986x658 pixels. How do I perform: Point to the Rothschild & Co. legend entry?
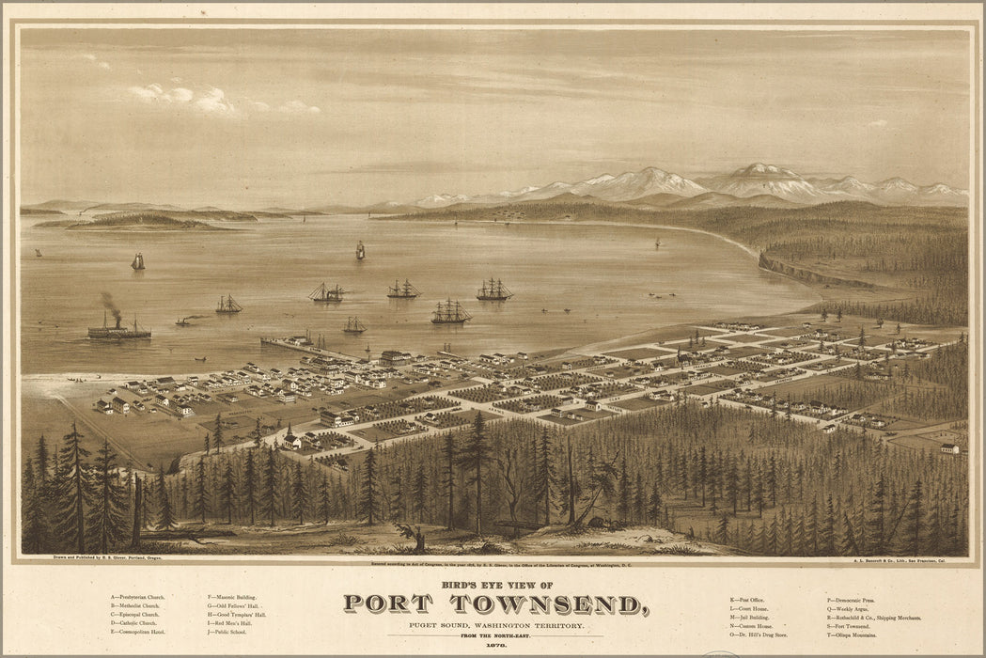tap(873, 618)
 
